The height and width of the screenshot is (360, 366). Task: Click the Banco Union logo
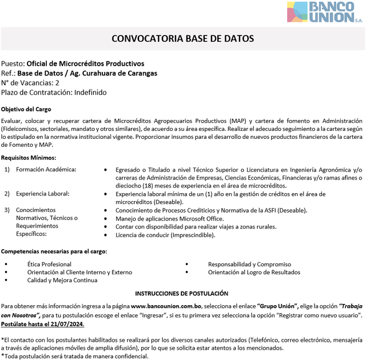point(324,12)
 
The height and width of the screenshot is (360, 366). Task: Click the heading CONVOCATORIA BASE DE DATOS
point(182,39)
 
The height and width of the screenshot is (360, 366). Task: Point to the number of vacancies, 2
point(57,83)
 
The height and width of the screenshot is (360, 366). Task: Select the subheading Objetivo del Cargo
point(26,109)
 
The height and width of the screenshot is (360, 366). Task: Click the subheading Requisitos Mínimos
point(28,158)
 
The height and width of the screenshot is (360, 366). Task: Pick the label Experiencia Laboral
point(42,194)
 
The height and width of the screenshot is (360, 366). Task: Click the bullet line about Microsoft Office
point(169,218)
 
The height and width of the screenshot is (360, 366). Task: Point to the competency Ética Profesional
point(49,264)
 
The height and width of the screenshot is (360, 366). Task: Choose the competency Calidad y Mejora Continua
point(62,280)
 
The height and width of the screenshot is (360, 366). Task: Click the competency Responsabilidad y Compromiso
point(249,264)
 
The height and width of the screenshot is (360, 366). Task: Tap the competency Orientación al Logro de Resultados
point(254,272)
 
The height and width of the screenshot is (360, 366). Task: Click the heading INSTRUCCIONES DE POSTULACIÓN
point(182,293)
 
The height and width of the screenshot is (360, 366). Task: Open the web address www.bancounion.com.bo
point(167,306)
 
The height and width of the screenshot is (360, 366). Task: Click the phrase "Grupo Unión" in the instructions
point(278,306)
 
